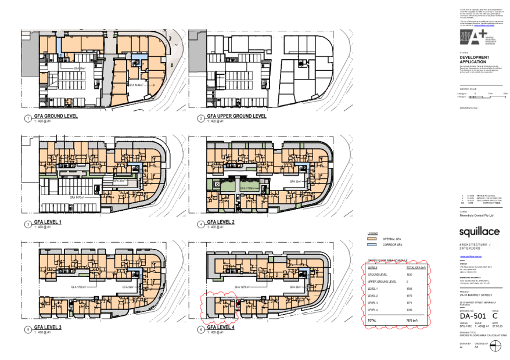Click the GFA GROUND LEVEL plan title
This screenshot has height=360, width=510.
pyautogui.click(x=56, y=116)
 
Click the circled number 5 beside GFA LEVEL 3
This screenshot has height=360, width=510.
pyautogui.click(x=27, y=329)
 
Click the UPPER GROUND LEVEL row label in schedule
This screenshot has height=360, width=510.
pyautogui.click(x=382, y=281)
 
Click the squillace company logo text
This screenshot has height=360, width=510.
pyautogui.click(x=479, y=232)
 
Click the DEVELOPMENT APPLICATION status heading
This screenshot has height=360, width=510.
pyautogui.click(x=475, y=59)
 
